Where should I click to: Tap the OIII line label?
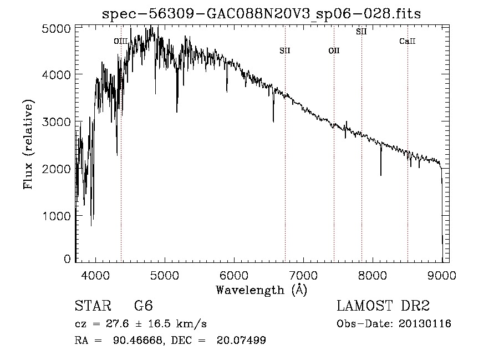pyautogui.click(x=121, y=41)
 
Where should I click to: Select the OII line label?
pyautogui.click(x=334, y=51)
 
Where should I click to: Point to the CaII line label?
pyautogui.click(x=408, y=41)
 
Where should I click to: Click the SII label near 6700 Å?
pyautogui.click(x=285, y=51)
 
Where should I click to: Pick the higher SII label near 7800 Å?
pyautogui.click(x=361, y=32)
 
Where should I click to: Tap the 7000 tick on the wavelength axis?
pyautogui.click(x=303, y=275)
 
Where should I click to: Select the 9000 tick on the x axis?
pyautogui.click(x=442, y=275)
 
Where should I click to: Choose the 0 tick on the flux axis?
pyautogui.click(x=67, y=259)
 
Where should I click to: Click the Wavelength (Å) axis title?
pyautogui.click(x=261, y=290)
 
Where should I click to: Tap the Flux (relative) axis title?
pyautogui.click(x=28, y=144)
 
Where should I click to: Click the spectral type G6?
pyautogui.click(x=143, y=307)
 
